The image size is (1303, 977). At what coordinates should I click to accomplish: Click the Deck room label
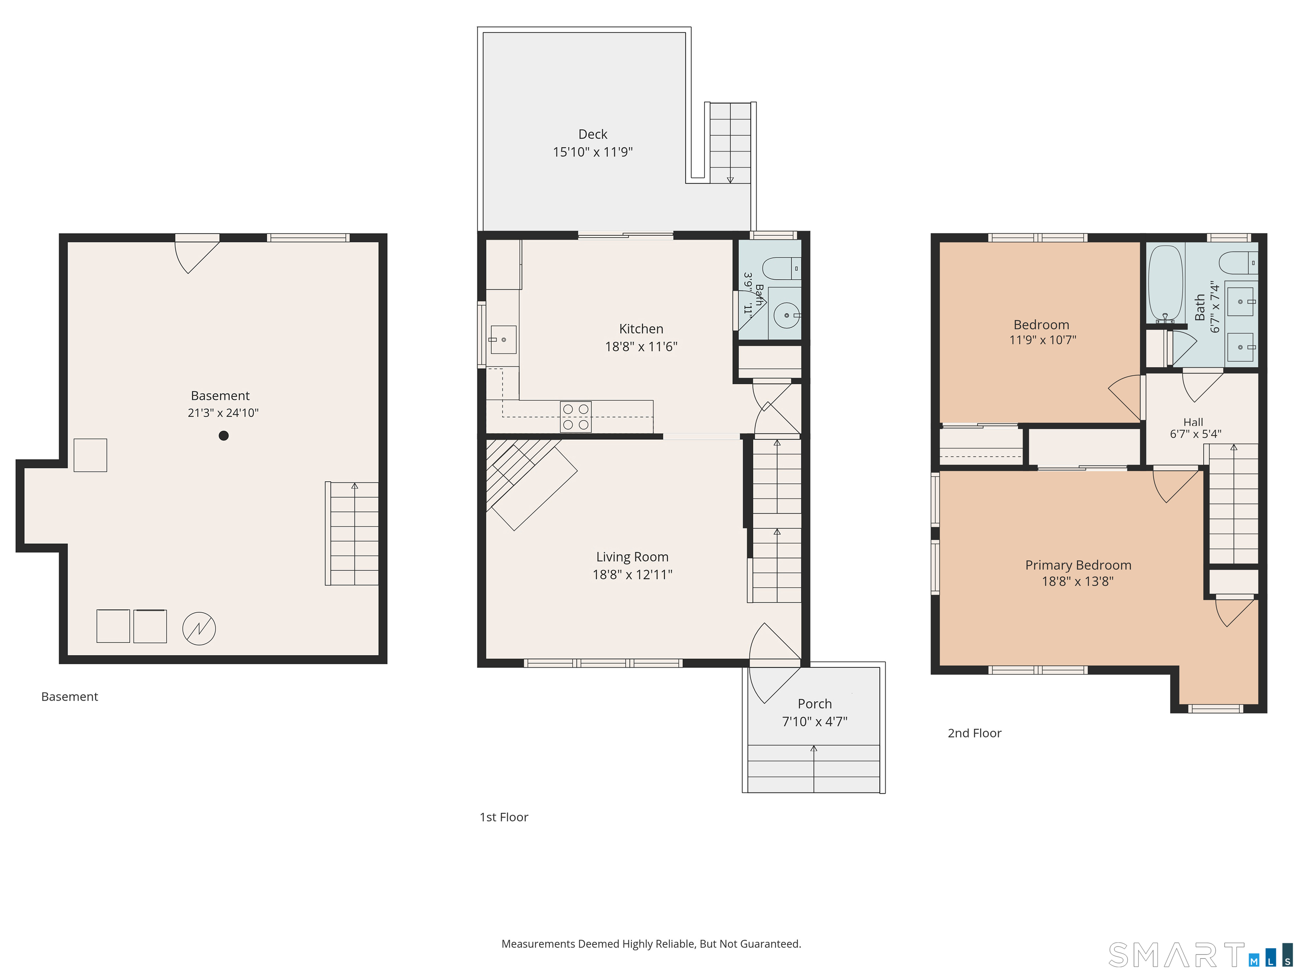point(593,134)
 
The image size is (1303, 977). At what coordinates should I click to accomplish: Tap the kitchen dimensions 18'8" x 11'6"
point(641,346)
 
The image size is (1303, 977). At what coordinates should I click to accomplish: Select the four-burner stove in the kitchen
point(576,416)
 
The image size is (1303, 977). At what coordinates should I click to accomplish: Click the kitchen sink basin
point(503,340)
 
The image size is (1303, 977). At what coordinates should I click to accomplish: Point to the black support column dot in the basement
point(223,436)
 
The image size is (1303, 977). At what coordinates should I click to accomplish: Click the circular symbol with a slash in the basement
point(199,628)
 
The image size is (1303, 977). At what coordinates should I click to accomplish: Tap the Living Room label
point(632,557)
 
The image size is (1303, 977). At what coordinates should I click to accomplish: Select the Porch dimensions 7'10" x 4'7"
point(815,721)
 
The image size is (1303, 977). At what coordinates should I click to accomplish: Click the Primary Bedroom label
point(1078,565)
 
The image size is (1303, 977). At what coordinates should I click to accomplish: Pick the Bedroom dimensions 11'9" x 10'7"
point(1043,340)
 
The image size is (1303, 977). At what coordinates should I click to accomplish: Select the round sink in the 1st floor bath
point(786,315)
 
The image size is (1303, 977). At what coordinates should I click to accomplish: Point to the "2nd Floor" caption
point(974,733)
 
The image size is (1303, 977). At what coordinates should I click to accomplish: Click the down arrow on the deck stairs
point(730,180)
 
